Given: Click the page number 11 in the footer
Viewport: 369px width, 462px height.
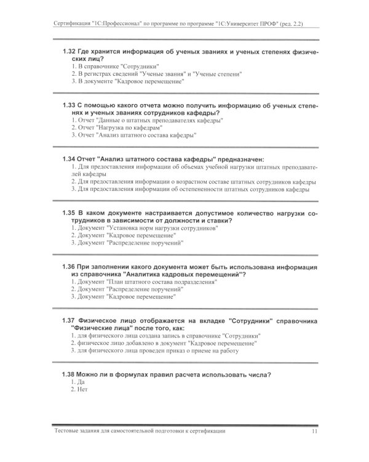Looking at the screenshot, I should pyautogui.click(x=314, y=432).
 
